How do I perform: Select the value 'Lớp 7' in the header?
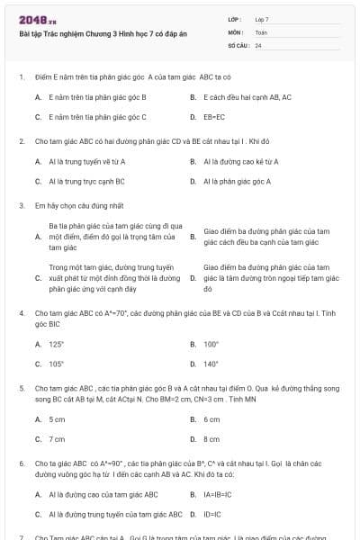[262, 19]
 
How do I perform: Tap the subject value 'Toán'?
[261, 31]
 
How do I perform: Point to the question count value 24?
[258, 44]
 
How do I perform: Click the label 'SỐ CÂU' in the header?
[238, 44]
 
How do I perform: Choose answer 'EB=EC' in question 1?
[214, 117]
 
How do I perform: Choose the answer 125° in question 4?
[57, 344]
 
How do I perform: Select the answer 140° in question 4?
[211, 364]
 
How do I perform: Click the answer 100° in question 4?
[211, 344]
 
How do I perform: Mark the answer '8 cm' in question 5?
[211, 439]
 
